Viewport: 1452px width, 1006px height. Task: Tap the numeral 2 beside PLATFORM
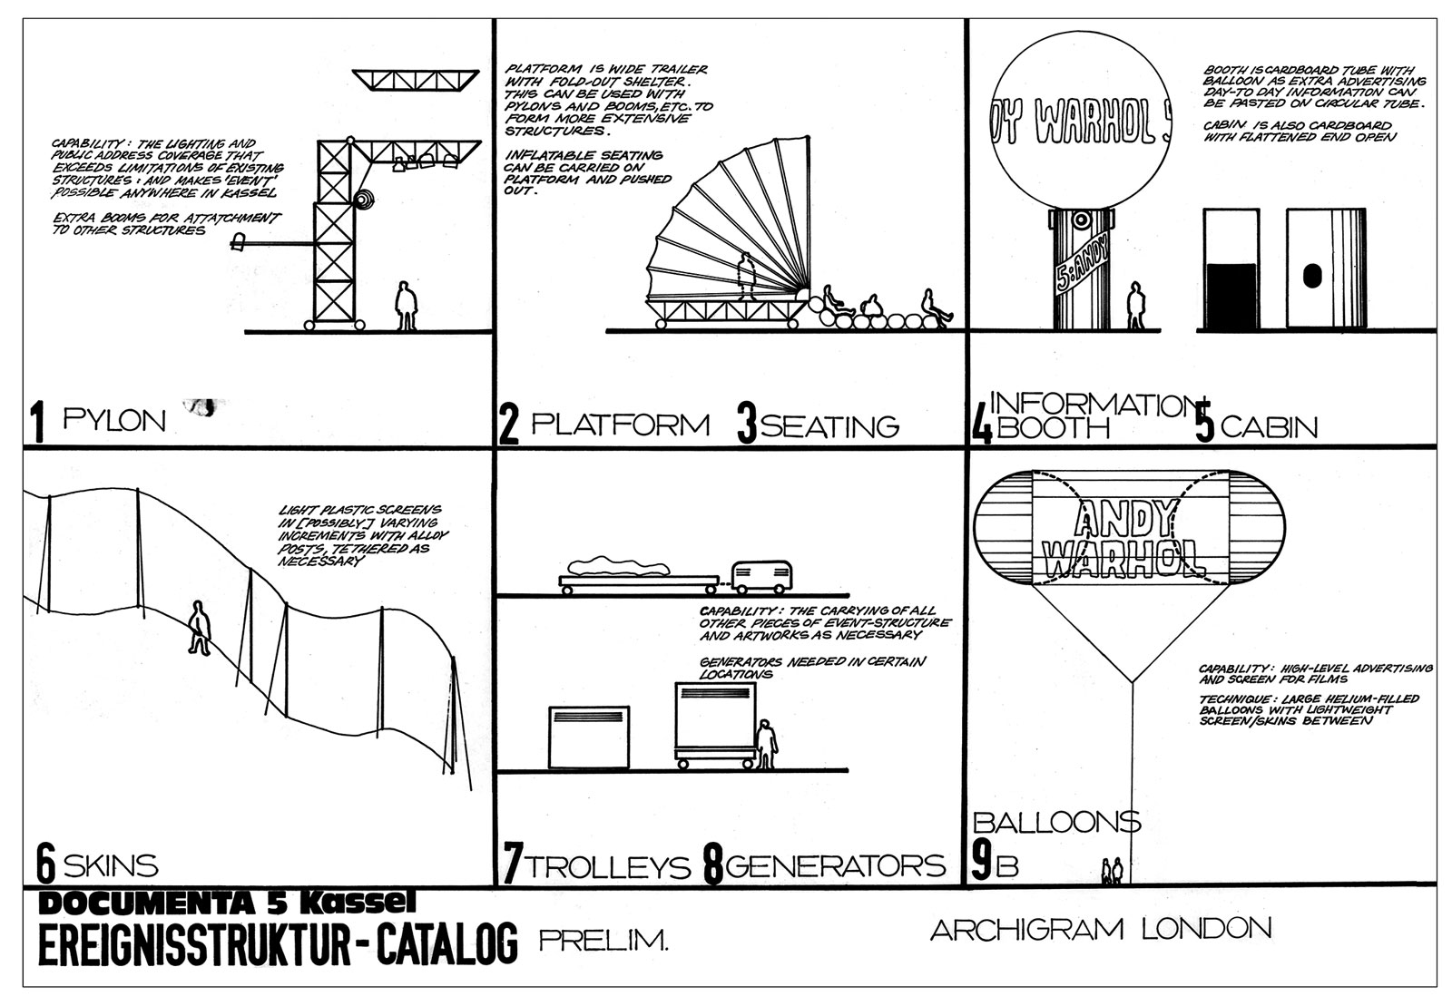pyautogui.click(x=508, y=426)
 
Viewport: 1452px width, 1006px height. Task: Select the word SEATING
pyautogui.click(x=829, y=425)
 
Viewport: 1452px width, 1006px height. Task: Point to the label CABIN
pyautogui.click(x=1269, y=426)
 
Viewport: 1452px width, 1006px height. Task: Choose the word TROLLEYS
pyautogui.click(x=609, y=866)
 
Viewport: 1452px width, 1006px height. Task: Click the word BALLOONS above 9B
pyautogui.click(x=1055, y=822)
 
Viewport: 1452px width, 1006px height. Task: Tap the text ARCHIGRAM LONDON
pyautogui.click(x=1100, y=929)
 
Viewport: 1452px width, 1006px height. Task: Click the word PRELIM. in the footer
pyautogui.click(x=603, y=942)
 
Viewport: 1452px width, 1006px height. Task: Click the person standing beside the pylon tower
pyautogui.click(x=407, y=305)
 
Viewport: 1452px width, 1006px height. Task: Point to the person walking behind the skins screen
pyautogui.click(x=199, y=626)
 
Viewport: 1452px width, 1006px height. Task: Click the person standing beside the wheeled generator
pyautogui.click(x=767, y=744)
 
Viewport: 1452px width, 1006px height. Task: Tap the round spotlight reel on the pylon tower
pyautogui.click(x=364, y=200)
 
